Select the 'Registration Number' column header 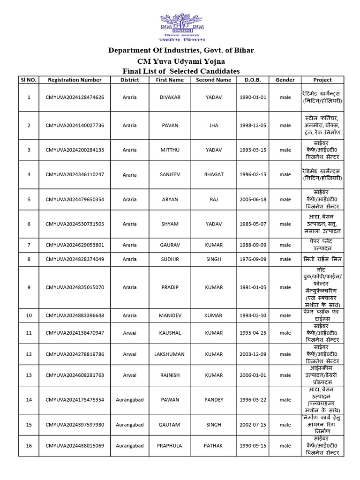pos(75,80)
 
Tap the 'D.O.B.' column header pos(253,80)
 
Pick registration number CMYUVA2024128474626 pos(75,97)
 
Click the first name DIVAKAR pos(170,97)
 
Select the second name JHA pos(214,126)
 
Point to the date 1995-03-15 pos(253,150)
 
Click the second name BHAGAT pos(214,174)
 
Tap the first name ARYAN pos(170,199)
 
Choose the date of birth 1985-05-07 pos(253,224)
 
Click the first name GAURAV pos(170,245)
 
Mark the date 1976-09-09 pos(253,259)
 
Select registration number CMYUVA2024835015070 pos(75,287)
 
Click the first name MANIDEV pos(170,315)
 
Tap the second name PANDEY pos(214,400)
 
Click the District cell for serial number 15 pos(129,425)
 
